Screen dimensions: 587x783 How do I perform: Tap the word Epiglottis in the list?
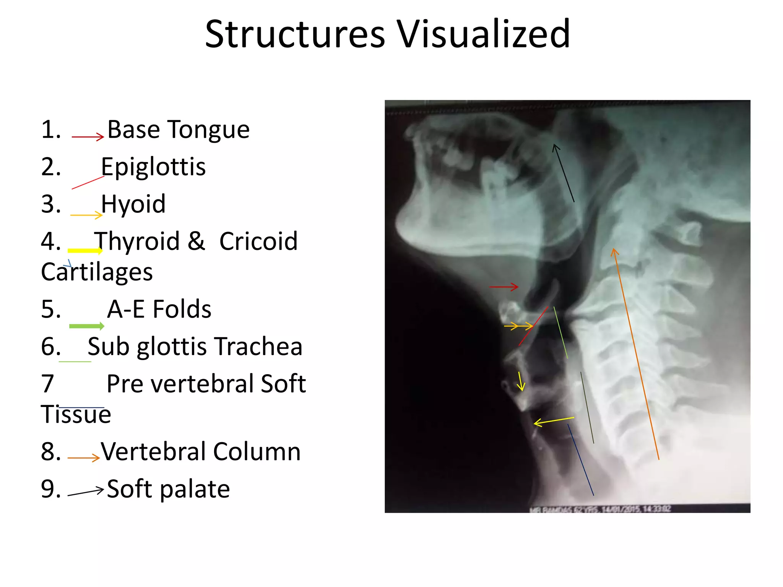pyautogui.click(x=153, y=167)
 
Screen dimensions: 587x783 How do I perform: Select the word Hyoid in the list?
pyautogui.click(x=133, y=204)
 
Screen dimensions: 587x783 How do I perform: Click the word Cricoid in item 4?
pyautogui.click(x=258, y=242)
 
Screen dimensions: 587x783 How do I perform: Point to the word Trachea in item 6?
pyautogui.click(x=258, y=347)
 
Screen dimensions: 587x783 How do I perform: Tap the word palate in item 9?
pyautogui.click(x=195, y=489)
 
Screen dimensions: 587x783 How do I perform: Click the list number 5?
pyautogui.click(x=51, y=309)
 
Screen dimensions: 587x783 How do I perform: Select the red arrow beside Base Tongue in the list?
pyautogui.click(x=88, y=136)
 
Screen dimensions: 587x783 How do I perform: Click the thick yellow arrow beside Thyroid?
pyautogui.click(x=85, y=251)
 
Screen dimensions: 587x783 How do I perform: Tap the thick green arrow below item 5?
pyautogui.click(x=86, y=326)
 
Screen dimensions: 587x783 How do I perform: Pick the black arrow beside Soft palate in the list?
pyautogui.click(x=86, y=492)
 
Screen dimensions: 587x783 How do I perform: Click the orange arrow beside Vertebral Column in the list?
pyautogui.click(x=83, y=457)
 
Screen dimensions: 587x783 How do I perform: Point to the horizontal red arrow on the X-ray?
pyautogui.click(x=504, y=286)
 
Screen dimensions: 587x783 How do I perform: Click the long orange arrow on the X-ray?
pyautogui.click(x=636, y=353)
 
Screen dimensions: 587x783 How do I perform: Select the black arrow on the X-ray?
pyautogui.click(x=563, y=173)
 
